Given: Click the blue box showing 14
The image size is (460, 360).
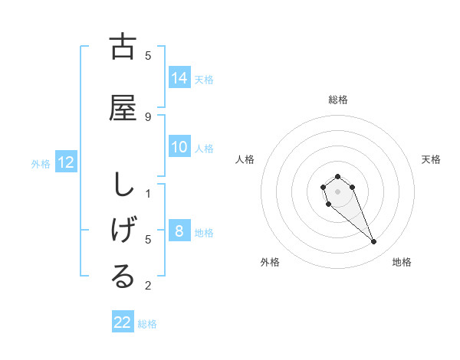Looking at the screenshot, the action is (x=179, y=77).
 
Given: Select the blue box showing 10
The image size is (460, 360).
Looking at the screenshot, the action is (x=179, y=147).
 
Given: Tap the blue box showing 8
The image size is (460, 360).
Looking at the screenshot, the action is (x=179, y=231).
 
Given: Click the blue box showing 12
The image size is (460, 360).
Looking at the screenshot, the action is (x=65, y=162).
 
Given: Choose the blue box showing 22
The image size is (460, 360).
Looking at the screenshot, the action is (x=123, y=322).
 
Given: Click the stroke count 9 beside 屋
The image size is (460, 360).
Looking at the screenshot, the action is (x=148, y=116).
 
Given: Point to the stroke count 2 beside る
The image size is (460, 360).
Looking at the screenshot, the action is (x=148, y=286).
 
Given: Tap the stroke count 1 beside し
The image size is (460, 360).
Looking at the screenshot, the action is (x=148, y=193).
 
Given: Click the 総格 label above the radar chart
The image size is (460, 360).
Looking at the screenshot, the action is (x=337, y=100).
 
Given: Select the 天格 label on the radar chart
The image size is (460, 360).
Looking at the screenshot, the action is (x=431, y=159).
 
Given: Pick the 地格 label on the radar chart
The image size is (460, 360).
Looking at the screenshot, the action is (x=402, y=262).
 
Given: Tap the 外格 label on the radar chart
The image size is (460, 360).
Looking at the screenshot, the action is (x=270, y=262).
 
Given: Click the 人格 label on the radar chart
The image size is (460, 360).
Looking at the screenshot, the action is (x=245, y=159).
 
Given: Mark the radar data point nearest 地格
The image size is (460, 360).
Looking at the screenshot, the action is (x=374, y=242).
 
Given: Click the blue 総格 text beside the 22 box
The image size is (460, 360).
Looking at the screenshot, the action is (x=147, y=324).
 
